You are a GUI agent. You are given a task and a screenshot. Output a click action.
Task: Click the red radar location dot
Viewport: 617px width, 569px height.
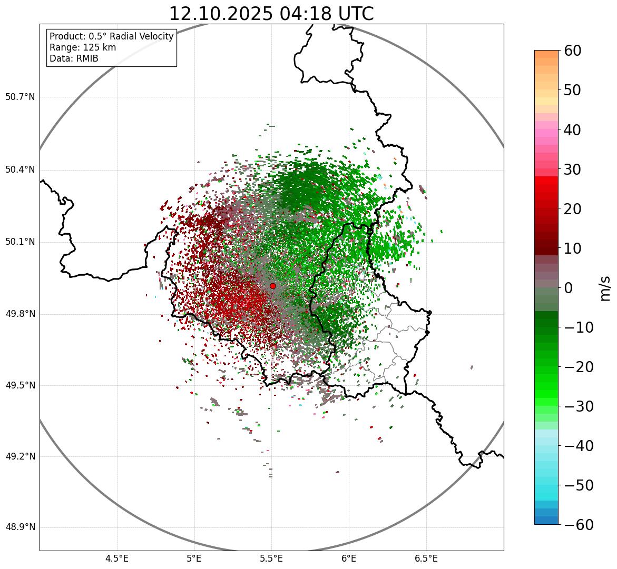click(x=272, y=286)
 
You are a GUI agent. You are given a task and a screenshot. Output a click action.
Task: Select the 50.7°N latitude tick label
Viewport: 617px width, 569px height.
click(x=20, y=97)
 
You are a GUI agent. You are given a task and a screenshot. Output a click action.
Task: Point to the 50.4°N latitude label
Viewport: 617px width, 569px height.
click(x=20, y=169)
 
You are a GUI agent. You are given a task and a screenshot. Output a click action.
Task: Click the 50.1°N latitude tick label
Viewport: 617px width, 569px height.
click(x=20, y=242)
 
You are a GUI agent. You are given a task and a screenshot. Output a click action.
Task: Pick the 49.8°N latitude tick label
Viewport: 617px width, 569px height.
click(x=20, y=314)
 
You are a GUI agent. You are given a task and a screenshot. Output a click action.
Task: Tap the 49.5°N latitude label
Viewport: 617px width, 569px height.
click(x=20, y=385)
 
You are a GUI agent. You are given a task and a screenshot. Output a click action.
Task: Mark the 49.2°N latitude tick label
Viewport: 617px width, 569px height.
click(x=20, y=456)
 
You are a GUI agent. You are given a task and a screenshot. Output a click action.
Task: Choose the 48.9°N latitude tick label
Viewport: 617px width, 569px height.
click(x=20, y=527)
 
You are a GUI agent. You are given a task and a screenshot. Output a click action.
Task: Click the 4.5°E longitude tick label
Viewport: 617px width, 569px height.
click(x=117, y=558)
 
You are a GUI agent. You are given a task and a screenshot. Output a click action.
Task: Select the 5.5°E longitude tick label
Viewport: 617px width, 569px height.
click(x=271, y=558)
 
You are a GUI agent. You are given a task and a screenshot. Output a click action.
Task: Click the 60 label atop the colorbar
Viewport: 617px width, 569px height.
click(x=572, y=51)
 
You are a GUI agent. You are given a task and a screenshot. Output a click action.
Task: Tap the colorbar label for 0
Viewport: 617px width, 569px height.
click(x=569, y=288)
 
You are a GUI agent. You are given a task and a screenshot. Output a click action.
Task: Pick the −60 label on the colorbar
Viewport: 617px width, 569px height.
click(x=579, y=525)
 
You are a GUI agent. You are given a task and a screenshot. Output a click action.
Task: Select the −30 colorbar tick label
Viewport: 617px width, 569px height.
click(x=579, y=406)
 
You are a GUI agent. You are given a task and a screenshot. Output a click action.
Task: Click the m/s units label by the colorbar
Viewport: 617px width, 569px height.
click(x=605, y=288)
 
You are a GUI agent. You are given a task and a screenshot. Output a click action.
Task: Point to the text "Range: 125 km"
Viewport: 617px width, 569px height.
click(x=83, y=47)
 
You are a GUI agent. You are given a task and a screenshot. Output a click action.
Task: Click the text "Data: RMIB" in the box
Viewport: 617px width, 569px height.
click(x=74, y=58)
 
